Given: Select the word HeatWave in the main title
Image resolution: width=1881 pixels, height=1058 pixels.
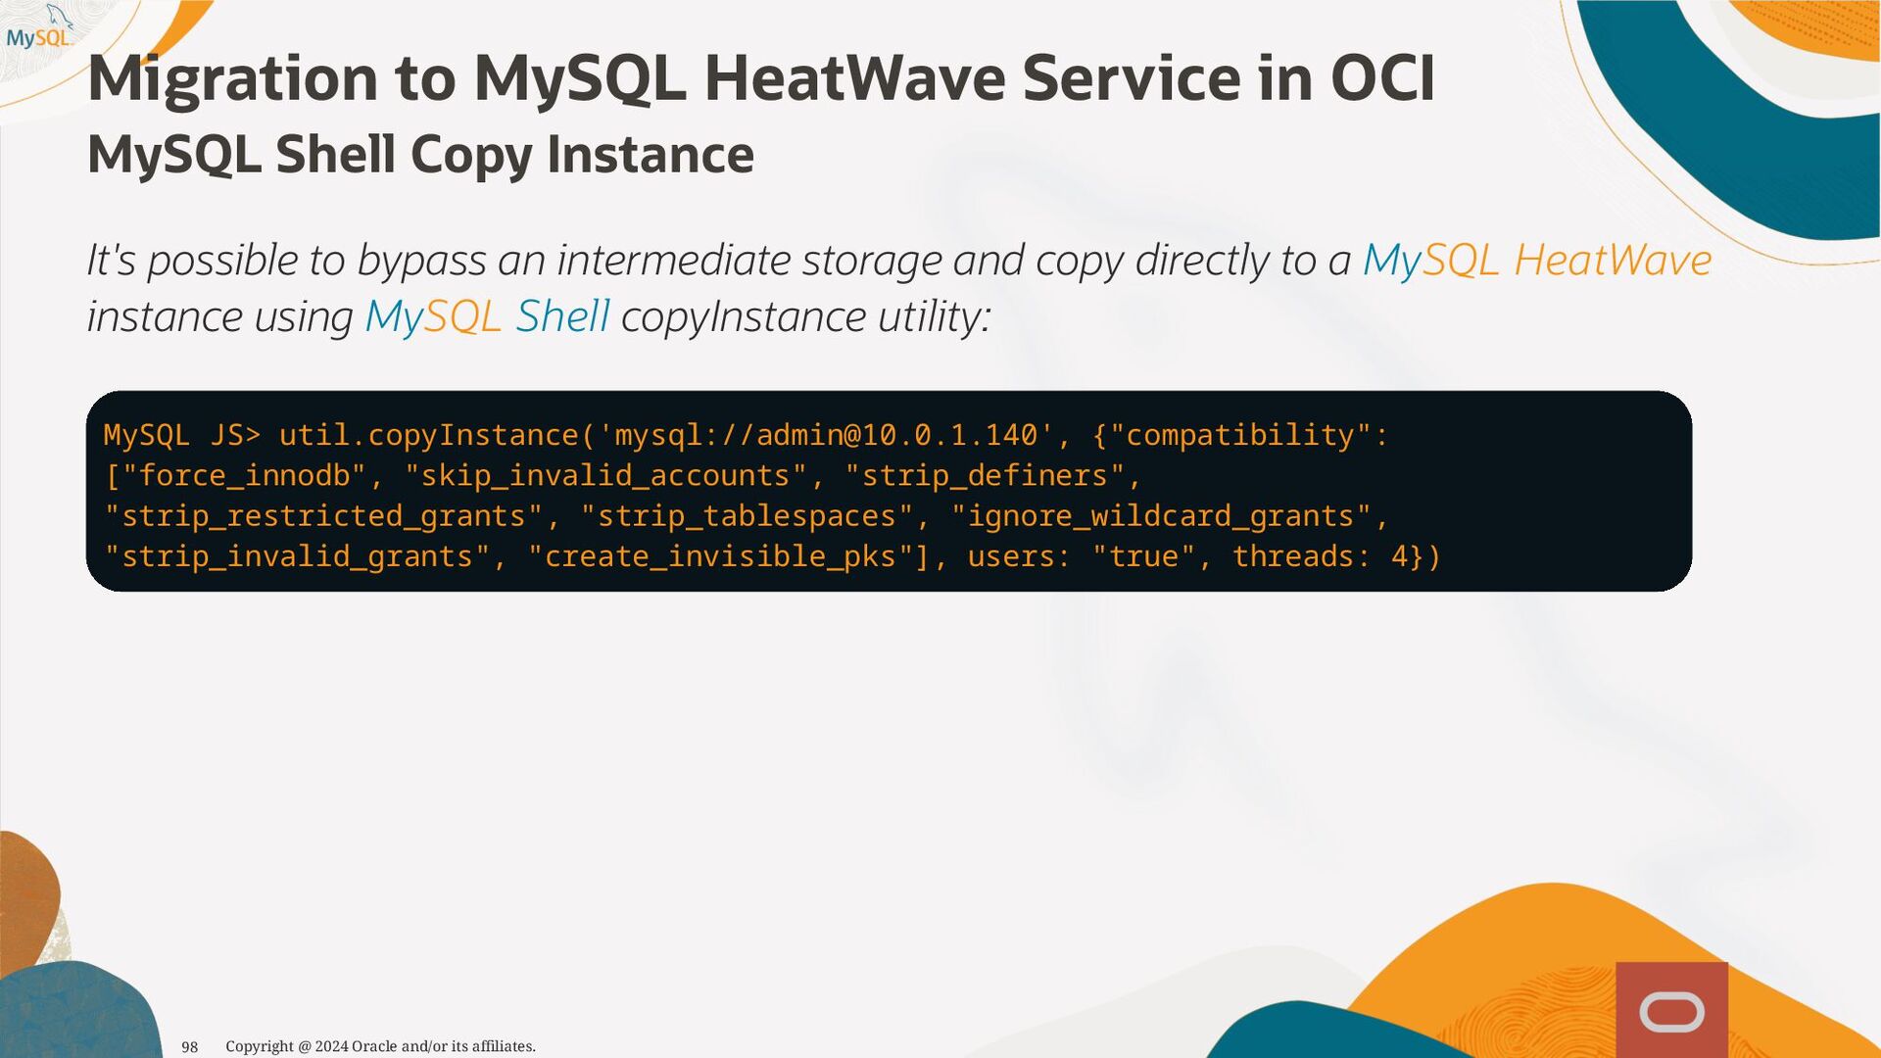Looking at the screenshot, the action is pyautogui.click(x=854, y=78).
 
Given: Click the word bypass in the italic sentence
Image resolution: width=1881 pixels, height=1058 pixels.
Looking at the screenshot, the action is pyautogui.click(x=421, y=262).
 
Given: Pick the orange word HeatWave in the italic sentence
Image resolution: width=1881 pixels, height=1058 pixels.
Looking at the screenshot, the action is pyautogui.click(x=1613, y=261).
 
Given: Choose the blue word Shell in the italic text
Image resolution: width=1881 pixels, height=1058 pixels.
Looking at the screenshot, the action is pyautogui.click(x=562, y=316).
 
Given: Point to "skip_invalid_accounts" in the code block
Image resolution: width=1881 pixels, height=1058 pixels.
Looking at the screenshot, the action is pyautogui.click(x=605, y=476).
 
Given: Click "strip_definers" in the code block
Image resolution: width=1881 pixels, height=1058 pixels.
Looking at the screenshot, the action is pyautogui.click(x=985, y=476).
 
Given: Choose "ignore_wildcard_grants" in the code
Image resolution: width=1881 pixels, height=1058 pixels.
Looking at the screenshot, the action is pyautogui.click(x=1161, y=516).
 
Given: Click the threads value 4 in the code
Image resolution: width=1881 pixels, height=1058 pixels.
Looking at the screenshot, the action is pyautogui.click(x=1400, y=556).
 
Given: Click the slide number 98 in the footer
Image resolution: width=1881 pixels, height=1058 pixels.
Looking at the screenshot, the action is pyautogui.click(x=190, y=1047).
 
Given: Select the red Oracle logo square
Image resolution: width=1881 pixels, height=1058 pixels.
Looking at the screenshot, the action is pyautogui.click(x=1671, y=1009).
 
